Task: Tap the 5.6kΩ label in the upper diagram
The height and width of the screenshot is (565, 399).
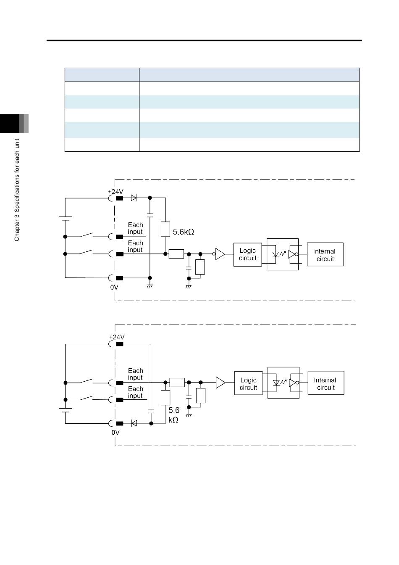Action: (x=183, y=232)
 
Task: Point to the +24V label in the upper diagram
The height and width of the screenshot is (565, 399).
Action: (x=115, y=192)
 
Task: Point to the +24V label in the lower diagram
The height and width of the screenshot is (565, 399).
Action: (x=117, y=337)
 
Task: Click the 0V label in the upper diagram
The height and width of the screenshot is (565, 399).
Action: (x=114, y=287)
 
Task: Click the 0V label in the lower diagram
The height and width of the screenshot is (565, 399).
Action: (x=115, y=432)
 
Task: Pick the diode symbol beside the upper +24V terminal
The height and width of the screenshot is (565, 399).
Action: (x=134, y=198)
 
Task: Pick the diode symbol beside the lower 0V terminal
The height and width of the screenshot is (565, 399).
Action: (x=134, y=423)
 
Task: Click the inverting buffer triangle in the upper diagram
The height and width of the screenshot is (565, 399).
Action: (x=219, y=254)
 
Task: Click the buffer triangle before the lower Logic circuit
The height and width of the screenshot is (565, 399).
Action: (x=220, y=383)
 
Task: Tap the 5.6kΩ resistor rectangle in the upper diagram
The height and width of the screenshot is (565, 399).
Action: (x=165, y=229)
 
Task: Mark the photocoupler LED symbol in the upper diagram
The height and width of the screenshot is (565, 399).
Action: (x=276, y=254)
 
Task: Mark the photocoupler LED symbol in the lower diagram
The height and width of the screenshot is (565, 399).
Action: (x=276, y=383)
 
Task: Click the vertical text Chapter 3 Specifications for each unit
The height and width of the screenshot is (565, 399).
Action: (x=17, y=190)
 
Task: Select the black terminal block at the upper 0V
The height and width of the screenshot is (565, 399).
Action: (x=119, y=278)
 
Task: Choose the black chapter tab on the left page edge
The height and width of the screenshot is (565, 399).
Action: (x=9, y=124)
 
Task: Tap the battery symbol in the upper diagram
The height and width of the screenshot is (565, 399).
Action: (x=65, y=219)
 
